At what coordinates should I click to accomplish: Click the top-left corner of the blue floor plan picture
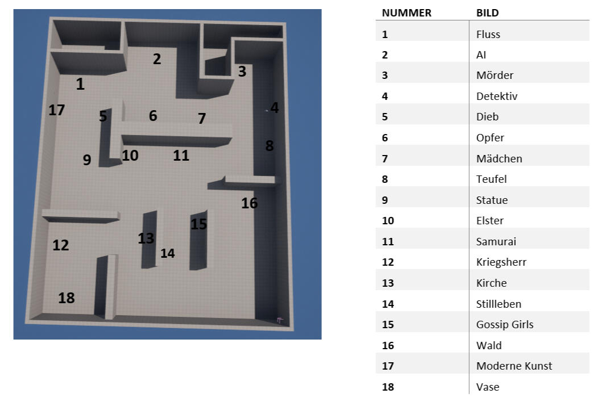coord(14,9)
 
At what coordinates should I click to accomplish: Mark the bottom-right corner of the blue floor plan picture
coord(322,340)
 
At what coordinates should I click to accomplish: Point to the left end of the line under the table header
coord(376,20)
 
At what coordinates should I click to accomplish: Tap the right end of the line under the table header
coord(590,20)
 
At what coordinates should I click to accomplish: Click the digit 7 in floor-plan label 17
coord(60,110)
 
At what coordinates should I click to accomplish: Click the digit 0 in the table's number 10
coord(391,221)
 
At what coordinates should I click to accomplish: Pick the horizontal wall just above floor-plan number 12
coord(81,216)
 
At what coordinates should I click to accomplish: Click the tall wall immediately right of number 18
coord(106,287)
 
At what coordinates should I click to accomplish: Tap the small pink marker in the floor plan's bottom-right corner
coord(280,320)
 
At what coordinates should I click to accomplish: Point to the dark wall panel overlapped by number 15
coord(198,240)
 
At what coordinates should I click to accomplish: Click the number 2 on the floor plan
coord(156,59)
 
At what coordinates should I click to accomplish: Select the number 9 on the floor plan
coord(87,160)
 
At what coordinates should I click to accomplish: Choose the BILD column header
coord(487,13)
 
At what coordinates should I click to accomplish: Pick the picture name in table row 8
coord(491,179)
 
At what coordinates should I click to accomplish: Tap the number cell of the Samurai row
coord(388,241)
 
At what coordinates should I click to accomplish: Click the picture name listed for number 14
coord(499,304)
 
